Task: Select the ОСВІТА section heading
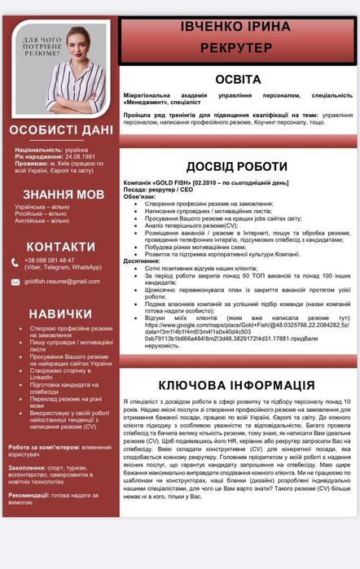238,80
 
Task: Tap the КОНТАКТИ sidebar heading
60,247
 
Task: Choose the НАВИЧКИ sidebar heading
61,313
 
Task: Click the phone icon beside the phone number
15,261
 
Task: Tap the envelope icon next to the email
15,282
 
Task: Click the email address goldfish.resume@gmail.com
62,282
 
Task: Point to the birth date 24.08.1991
74,155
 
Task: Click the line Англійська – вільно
42,221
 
